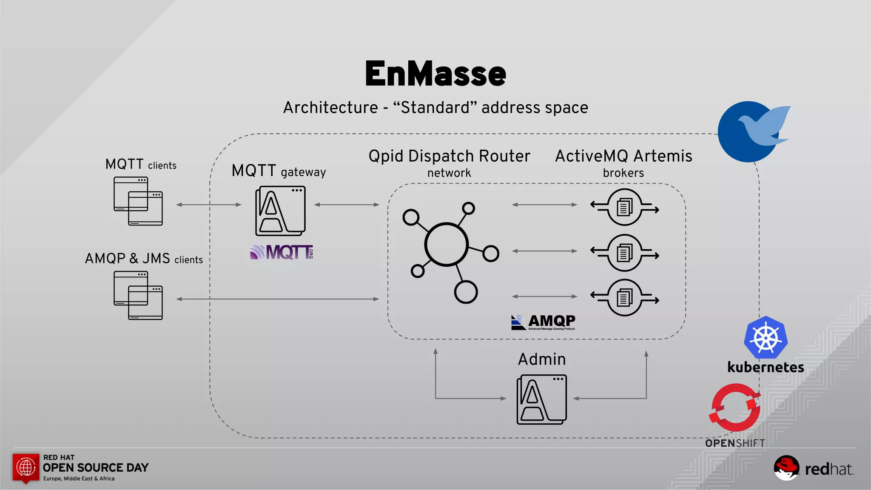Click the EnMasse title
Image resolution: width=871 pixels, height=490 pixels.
[x=435, y=74]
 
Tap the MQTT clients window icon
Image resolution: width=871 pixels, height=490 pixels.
[x=138, y=201]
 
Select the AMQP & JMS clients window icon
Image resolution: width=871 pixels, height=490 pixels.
[x=138, y=295]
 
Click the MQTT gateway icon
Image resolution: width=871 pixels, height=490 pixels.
[x=280, y=211]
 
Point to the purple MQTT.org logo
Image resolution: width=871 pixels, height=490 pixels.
[x=282, y=252]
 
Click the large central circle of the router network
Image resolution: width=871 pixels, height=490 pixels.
[x=446, y=245]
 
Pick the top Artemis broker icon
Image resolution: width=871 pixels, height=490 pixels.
[x=624, y=207]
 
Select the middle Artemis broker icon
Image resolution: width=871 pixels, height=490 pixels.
[x=624, y=253]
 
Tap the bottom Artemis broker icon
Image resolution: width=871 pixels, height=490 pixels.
[x=624, y=298]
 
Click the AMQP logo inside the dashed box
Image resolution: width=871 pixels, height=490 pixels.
[x=543, y=322]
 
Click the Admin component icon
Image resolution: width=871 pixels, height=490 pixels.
[x=541, y=399]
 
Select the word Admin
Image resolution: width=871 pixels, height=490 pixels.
[x=542, y=359]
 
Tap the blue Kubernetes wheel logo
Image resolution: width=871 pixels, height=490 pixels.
[x=766, y=338]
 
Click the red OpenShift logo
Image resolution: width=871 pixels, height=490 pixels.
[x=735, y=407]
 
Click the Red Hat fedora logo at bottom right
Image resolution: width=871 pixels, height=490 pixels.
[x=786, y=467]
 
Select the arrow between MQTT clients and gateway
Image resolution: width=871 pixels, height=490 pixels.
[x=208, y=205]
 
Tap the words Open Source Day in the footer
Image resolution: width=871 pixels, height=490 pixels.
[x=96, y=467]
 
